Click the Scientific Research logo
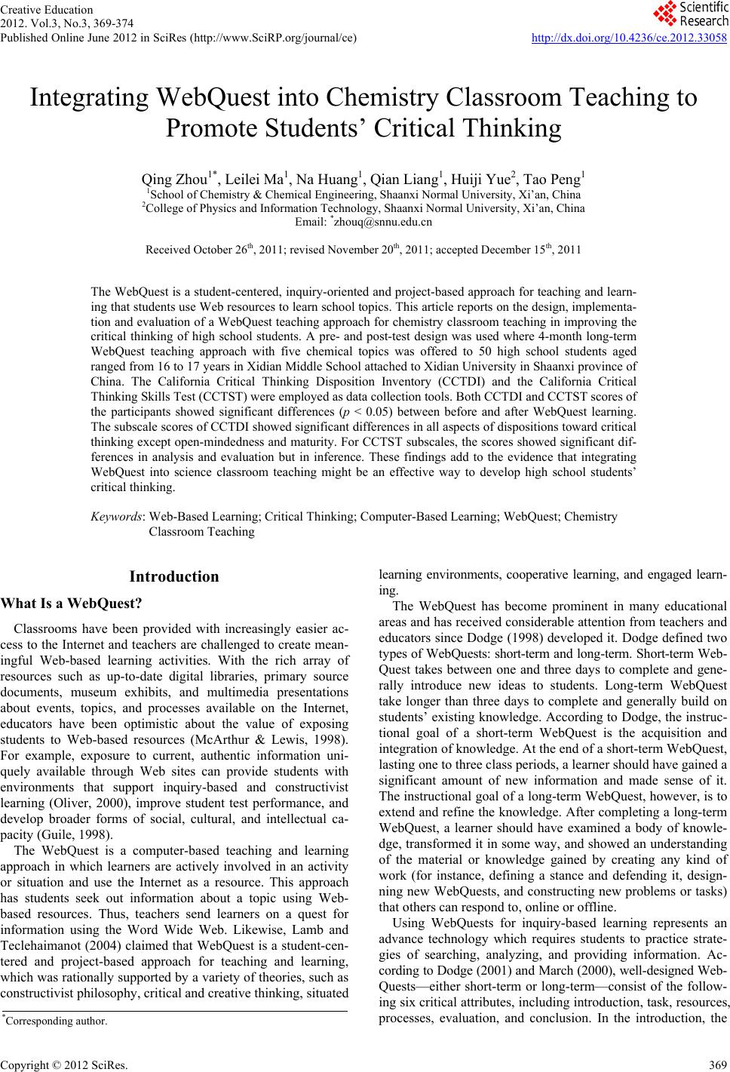click(689, 14)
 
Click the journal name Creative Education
click(47, 10)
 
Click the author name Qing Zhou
click(170, 179)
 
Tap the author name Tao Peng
click(557, 179)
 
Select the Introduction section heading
click(174, 577)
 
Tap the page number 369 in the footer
click(717, 1064)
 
